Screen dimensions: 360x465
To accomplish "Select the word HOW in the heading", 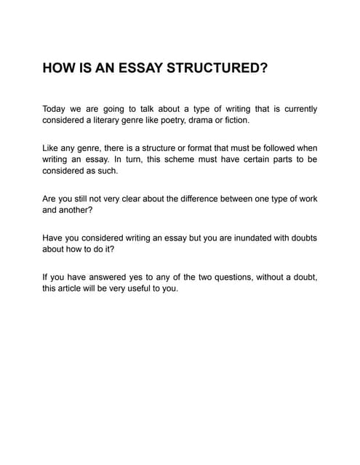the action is (x=57, y=70).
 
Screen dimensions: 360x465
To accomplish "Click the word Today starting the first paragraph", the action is (x=56, y=109).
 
